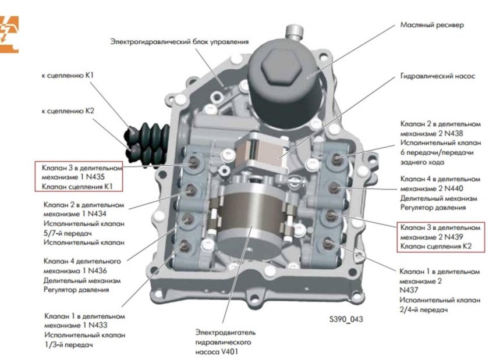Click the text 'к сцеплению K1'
pyautogui.click(x=68, y=76)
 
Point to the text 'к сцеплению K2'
pyautogui.click(x=68, y=110)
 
